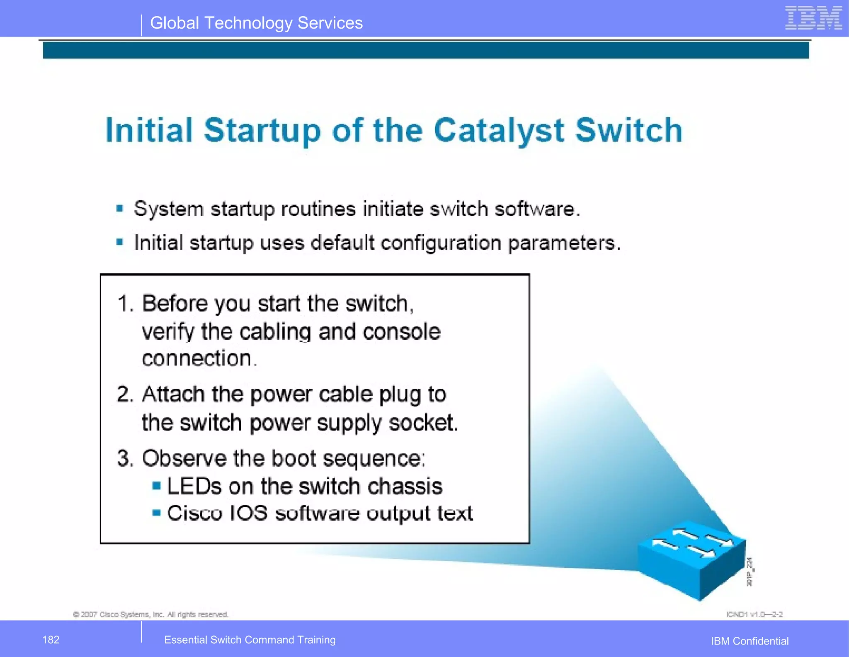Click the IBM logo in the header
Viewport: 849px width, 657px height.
click(813, 18)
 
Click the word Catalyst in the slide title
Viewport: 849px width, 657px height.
click(499, 130)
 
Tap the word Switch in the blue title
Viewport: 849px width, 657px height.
click(629, 130)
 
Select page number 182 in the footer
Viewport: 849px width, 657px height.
click(51, 640)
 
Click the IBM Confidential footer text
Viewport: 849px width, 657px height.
click(750, 641)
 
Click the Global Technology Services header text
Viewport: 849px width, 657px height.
click(256, 23)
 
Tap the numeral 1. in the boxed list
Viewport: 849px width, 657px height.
click(125, 304)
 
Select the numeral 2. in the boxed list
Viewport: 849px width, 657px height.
click(125, 394)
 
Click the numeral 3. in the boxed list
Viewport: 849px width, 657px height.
click(125, 459)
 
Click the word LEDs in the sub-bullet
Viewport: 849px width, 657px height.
click(194, 486)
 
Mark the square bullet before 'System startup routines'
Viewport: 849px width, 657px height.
click(120, 208)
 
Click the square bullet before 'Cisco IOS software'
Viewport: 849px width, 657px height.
click(156, 513)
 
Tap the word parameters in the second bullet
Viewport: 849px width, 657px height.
click(564, 243)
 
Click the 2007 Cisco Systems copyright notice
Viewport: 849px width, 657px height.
click(150, 614)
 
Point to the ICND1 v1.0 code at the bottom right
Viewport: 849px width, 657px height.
click(754, 614)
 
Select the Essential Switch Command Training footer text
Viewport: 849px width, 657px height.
click(250, 640)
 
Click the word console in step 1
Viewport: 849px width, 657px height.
click(401, 332)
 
